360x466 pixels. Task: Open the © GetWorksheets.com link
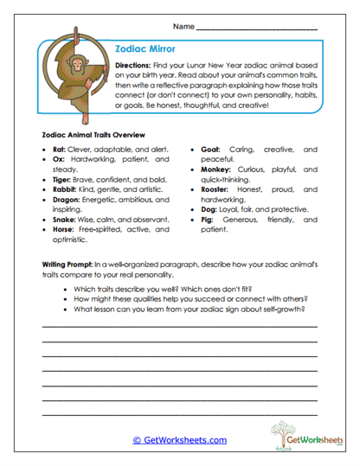click(179, 440)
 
